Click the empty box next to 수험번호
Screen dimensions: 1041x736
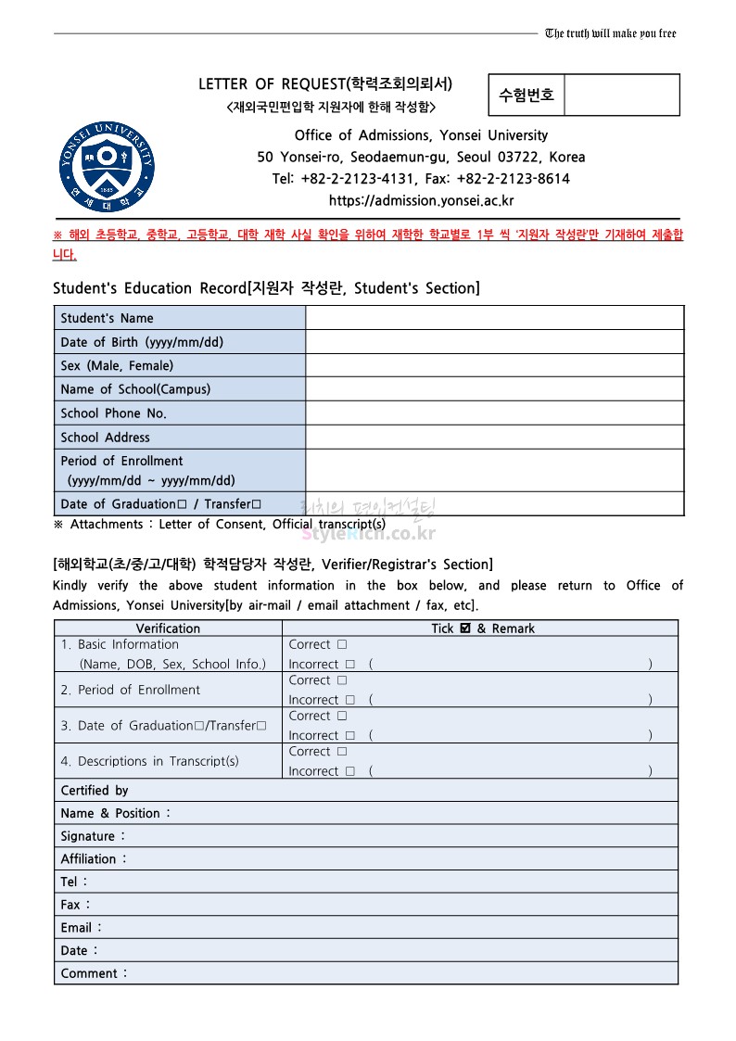point(621,95)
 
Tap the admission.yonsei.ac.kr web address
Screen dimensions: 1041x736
point(422,200)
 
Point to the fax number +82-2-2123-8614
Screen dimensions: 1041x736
point(514,179)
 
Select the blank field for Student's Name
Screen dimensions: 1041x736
point(494,318)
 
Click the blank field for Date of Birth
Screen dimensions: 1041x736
point(494,342)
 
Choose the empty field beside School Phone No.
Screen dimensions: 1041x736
point(494,413)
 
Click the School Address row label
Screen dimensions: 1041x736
point(105,438)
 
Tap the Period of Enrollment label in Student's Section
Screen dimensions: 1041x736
point(121,461)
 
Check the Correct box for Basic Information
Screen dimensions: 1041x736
point(342,645)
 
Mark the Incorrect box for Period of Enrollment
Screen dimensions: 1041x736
point(349,700)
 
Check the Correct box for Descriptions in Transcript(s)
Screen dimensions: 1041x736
point(342,752)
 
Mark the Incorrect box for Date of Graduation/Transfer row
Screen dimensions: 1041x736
point(349,736)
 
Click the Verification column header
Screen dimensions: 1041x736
point(168,628)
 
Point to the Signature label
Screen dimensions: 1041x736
point(92,836)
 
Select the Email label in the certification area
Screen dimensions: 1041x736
point(81,928)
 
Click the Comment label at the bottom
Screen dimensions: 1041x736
point(93,973)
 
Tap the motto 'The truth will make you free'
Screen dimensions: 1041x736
point(611,33)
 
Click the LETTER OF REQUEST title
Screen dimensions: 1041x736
point(325,84)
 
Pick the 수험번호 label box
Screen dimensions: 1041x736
point(527,95)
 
